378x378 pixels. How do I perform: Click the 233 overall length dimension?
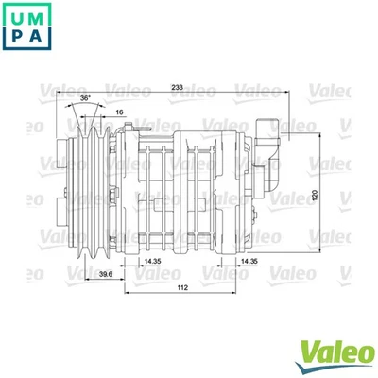point(177,88)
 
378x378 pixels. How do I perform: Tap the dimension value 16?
point(118,112)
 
